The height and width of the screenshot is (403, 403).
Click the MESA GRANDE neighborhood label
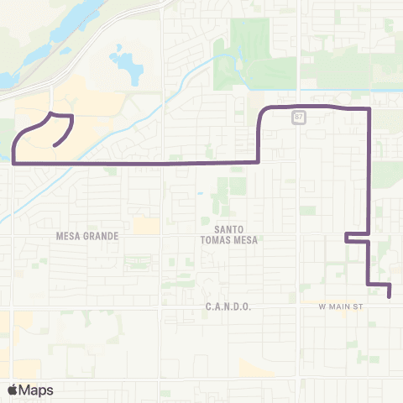tap(87, 236)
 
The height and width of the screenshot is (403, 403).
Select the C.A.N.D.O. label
tap(228, 307)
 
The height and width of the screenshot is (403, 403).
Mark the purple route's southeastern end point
tap(390, 295)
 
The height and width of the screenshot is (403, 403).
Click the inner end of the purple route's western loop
tap(55, 146)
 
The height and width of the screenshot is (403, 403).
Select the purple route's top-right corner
tap(369, 109)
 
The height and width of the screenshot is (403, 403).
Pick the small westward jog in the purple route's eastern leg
tap(347, 238)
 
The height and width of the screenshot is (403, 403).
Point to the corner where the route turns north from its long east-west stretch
tap(258, 161)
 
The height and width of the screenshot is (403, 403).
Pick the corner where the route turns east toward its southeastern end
tap(369, 285)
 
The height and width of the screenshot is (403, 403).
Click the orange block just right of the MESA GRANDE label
tap(146, 225)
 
